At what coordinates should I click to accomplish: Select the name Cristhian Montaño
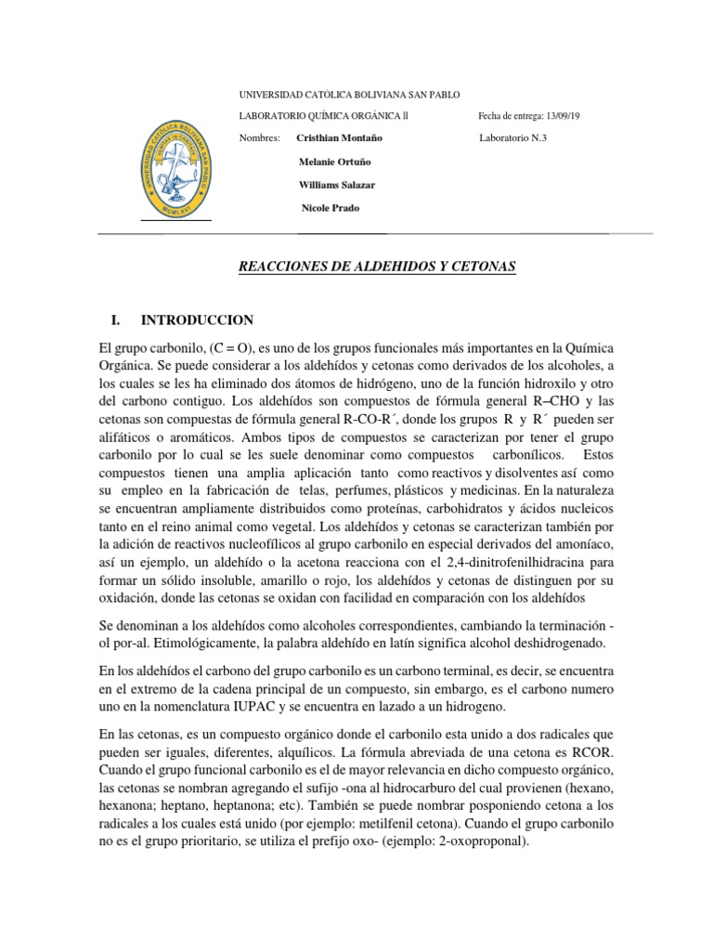[339, 137]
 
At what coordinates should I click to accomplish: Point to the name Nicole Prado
[331, 207]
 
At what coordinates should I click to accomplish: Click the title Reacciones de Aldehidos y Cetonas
[377, 267]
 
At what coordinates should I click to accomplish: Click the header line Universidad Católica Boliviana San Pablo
[349, 95]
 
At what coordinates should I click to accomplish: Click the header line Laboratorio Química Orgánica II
[323, 116]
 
